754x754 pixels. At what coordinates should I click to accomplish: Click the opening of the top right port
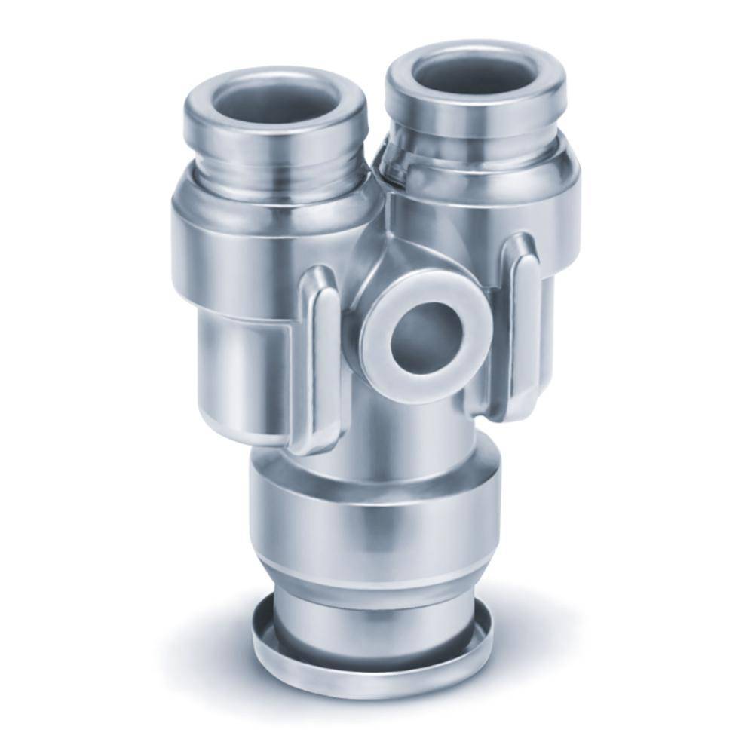click(474, 76)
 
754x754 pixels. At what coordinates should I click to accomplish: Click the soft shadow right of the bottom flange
click(543, 648)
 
